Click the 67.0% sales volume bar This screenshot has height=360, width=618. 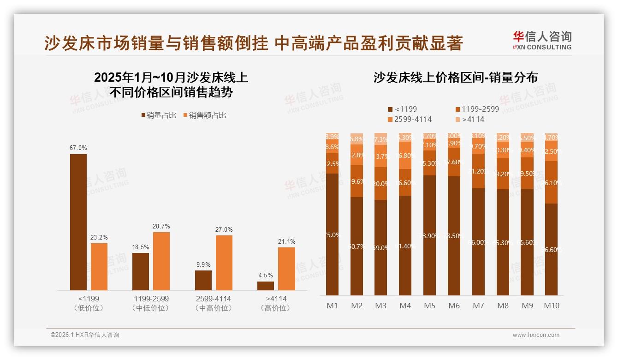click(x=78, y=222)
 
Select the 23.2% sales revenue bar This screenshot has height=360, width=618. click(x=99, y=266)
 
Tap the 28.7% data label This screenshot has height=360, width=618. click(x=161, y=226)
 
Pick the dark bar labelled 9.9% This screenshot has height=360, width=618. click(x=203, y=280)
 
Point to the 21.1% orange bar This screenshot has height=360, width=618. click(x=286, y=269)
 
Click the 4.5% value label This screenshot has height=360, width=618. click(x=265, y=276)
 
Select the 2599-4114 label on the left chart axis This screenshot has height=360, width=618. click(x=213, y=299)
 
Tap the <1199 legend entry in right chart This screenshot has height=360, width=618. click(x=402, y=109)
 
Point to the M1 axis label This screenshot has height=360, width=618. click(x=332, y=306)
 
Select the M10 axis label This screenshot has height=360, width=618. click(x=551, y=306)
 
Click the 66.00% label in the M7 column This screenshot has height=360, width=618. click(x=479, y=242)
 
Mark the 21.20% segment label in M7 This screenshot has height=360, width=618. click(x=479, y=171)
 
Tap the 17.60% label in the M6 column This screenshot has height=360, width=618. click(x=454, y=162)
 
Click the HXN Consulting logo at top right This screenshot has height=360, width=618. click(x=542, y=40)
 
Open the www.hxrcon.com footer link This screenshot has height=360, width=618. click(x=536, y=335)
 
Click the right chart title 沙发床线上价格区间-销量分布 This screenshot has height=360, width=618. click(x=455, y=78)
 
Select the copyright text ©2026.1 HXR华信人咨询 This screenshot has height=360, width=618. click(x=84, y=335)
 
